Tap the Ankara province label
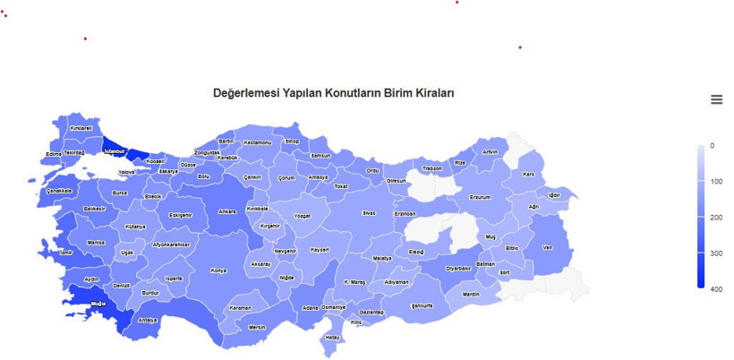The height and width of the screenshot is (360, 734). (x=227, y=212)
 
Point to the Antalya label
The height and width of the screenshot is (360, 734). (x=148, y=320)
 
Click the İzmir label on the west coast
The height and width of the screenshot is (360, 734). (x=64, y=253)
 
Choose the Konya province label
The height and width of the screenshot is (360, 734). (x=218, y=270)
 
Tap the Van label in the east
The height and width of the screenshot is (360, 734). (x=548, y=247)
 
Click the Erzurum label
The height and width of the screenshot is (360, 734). (x=481, y=197)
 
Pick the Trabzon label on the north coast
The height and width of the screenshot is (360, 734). (x=432, y=168)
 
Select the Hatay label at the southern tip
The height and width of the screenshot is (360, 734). (x=332, y=338)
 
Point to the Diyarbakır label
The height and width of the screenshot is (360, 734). (x=458, y=269)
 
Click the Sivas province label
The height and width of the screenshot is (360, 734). (x=369, y=213)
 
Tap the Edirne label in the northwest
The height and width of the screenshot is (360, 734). (x=53, y=154)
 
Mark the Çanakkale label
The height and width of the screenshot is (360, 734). (x=59, y=191)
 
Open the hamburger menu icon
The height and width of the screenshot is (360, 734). (x=716, y=99)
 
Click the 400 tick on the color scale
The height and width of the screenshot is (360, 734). (x=717, y=290)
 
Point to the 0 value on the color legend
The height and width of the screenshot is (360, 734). (x=712, y=145)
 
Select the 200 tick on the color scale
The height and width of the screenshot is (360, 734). (x=717, y=218)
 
